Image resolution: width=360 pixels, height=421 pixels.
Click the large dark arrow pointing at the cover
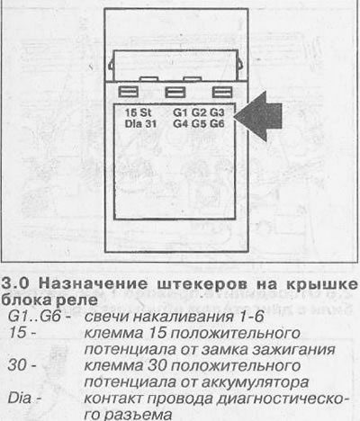(x=258, y=116)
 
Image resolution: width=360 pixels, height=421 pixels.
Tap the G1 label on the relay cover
(x=181, y=112)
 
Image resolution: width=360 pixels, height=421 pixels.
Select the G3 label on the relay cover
(x=217, y=112)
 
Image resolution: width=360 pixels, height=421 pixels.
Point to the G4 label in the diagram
(x=181, y=123)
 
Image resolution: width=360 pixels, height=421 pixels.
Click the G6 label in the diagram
(x=217, y=123)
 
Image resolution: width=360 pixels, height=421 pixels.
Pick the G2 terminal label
(x=199, y=112)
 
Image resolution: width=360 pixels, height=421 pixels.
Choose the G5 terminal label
(x=199, y=123)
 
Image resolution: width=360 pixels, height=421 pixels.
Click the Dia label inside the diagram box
(x=133, y=123)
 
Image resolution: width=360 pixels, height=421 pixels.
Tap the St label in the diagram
(x=146, y=112)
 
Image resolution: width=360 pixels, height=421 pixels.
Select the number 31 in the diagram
(x=150, y=123)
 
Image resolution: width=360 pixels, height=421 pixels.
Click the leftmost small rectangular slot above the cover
(x=129, y=92)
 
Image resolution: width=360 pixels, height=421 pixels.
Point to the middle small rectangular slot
(x=175, y=92)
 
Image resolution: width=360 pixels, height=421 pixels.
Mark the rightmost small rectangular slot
(x=222, y=92)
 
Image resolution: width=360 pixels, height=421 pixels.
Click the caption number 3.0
(x=16, y=283)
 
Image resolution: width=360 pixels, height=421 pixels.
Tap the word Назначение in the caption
(x=94, y=283)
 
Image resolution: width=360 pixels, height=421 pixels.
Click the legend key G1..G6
(x=35, y=317)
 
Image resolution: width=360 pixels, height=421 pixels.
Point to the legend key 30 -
(x=22, y=366)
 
